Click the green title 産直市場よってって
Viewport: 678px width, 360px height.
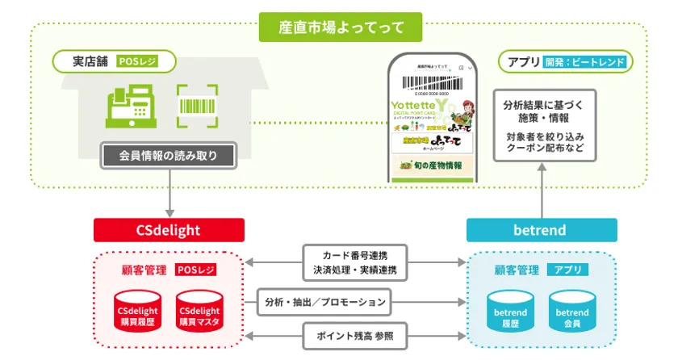tap(338, 27)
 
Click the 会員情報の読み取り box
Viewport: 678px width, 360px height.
tap(168, 155)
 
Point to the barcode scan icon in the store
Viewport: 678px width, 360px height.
tap(199, 107)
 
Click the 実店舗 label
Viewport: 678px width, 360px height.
tap(83, 61)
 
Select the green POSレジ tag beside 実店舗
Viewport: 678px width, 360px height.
tap(137, 61)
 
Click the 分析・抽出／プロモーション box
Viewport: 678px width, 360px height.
tap(325, 302)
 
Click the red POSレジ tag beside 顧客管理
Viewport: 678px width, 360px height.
tap(195, 270)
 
